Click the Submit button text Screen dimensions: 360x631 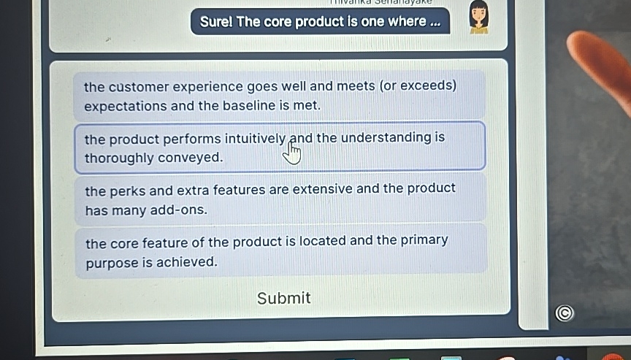pos(283,298)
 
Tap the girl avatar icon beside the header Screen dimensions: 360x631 pos(478,18)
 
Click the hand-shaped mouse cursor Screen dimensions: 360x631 pos(293,153)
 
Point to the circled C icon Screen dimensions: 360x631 pos(564,313)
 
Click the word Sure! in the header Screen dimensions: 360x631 pos(216,22)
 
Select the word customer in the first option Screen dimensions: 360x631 pos(138,87)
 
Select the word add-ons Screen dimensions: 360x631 pos(177,210)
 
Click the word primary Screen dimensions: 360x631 pos(424,240)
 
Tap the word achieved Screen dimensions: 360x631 pos(187,262)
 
